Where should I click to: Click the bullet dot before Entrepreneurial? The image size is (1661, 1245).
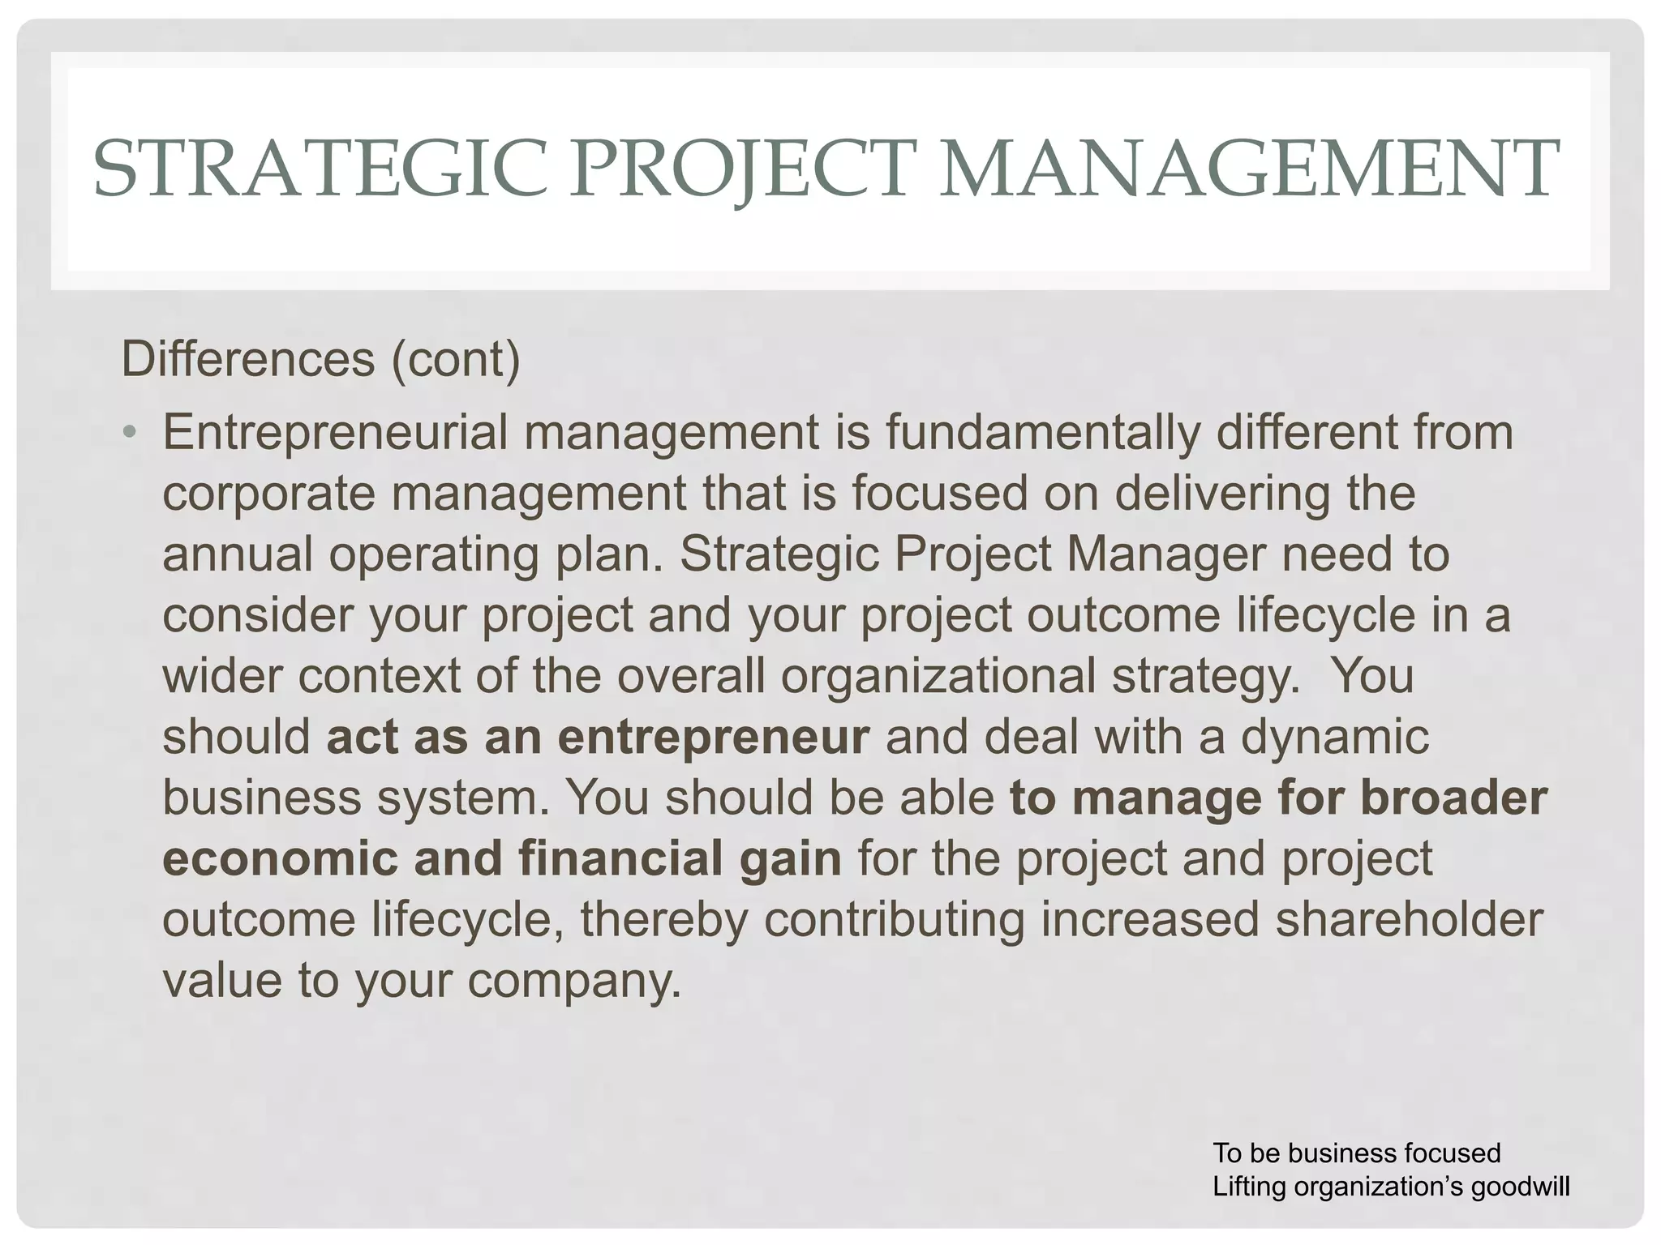[130, 431]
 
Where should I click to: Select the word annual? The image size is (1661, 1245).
[238, 554]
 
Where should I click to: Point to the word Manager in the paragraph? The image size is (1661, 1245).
[1165, 554]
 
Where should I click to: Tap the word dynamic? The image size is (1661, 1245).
[1335, 737]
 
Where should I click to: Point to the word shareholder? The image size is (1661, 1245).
[1410, 919]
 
